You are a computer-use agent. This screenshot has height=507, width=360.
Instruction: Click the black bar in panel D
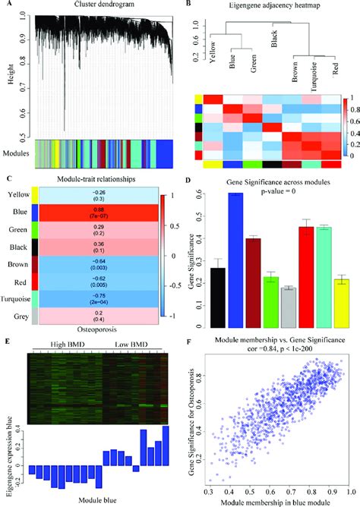click(x=217, y=297)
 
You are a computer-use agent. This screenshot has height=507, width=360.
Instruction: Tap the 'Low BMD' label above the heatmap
click(x=132, y=345)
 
